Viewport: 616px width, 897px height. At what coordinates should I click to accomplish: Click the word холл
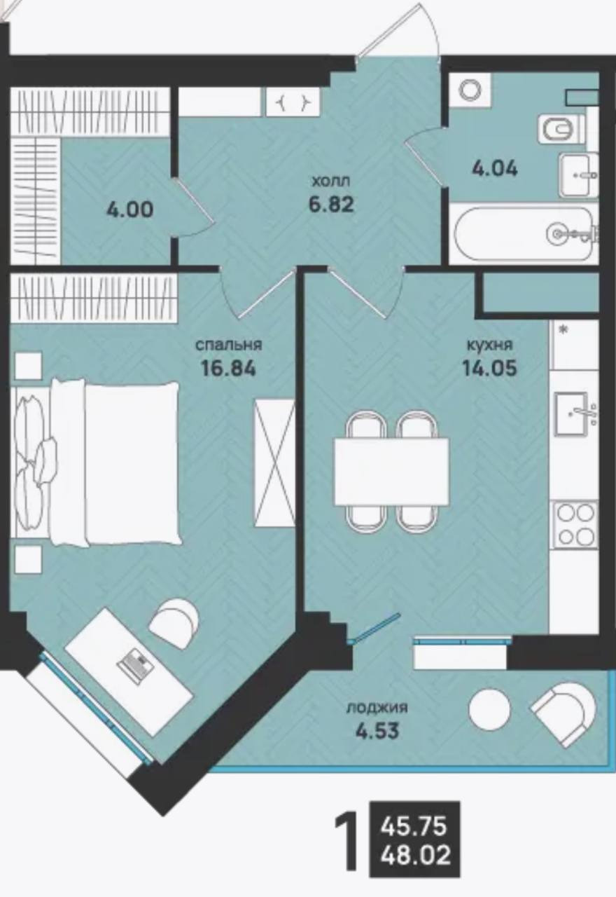pos(331,182)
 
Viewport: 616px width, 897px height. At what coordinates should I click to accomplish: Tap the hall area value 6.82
pos(331,205)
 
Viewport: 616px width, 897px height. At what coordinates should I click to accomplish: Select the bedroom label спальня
pos(228,345)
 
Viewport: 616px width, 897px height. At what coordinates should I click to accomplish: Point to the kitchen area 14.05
pos(489,368)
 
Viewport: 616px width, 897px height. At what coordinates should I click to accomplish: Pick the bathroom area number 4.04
pos(495,168)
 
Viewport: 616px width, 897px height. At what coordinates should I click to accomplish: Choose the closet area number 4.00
pos(129,210)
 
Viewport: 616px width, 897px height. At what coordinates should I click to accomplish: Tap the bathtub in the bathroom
pos(525,234)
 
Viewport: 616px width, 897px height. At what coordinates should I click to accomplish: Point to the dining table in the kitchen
pos(391,472)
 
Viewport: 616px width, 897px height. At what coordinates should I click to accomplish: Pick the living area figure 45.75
pos(413,826)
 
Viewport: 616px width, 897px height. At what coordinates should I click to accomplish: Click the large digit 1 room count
pos(346,838)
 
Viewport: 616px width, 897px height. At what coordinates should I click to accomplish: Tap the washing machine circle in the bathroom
pos(470,90)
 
